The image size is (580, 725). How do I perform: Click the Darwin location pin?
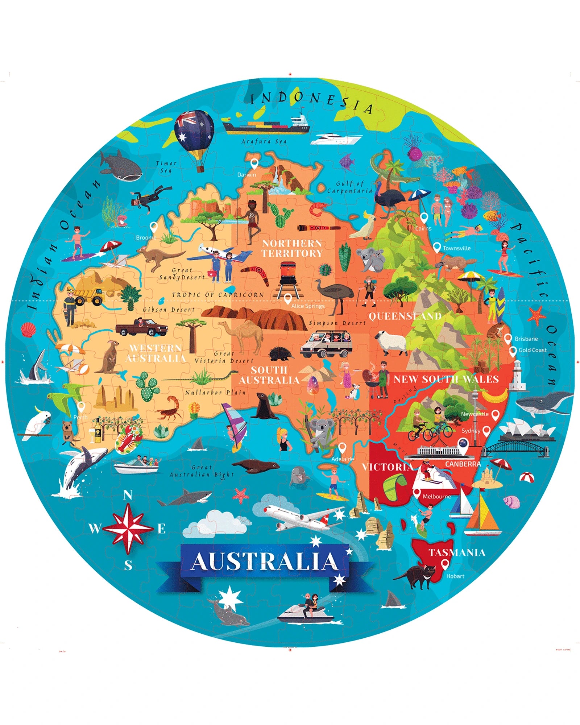coord(255,164)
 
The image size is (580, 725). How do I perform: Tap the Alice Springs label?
coord(308,306)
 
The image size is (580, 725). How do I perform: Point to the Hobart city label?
coord(455,576)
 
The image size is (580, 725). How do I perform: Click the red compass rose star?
coord(128,528)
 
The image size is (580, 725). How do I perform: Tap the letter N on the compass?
coord(128,495)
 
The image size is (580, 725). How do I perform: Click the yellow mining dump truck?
coord(89,296)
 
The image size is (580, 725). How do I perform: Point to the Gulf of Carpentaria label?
coord(349,187)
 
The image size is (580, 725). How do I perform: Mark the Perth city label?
coord(80,417)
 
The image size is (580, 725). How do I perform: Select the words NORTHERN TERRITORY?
coord(292,248)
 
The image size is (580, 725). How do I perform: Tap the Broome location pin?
coord(154,227)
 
